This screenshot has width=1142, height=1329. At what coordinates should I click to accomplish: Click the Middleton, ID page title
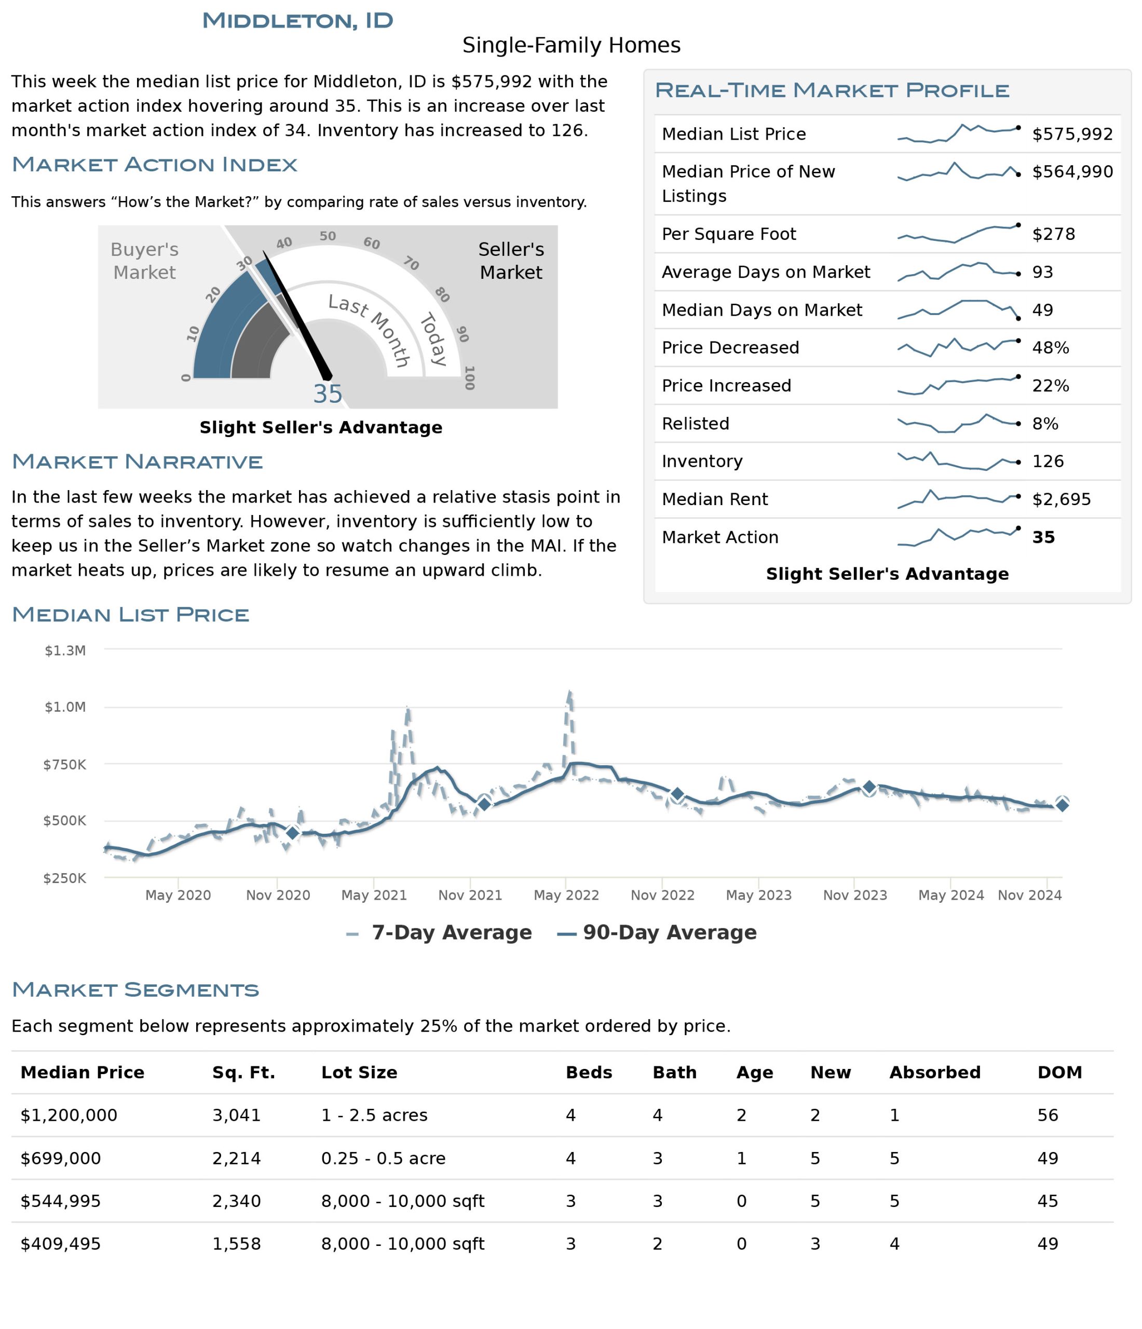(x=297, y=21)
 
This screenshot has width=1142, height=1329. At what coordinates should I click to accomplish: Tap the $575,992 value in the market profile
(x=1071, y=134)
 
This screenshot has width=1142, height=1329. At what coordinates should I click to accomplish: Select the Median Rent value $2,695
(x=1061, y=499)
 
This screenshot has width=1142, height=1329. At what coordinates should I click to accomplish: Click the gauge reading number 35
(x=327, y=394)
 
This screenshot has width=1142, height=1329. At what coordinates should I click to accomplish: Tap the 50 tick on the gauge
(x=328, y=236)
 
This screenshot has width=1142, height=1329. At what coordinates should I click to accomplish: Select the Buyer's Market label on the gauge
(x=144, y=261)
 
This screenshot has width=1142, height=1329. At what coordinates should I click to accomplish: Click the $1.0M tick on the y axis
(x=65, y=707)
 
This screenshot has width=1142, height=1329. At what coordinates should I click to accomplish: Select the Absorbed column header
(x=934, y=1073)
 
